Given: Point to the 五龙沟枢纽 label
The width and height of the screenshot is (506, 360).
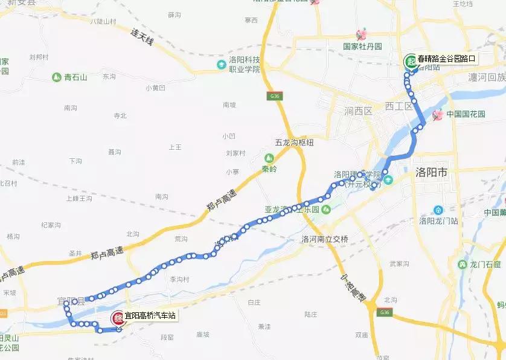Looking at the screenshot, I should [295, 143].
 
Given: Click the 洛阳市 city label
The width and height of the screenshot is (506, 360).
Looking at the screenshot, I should [432, 173].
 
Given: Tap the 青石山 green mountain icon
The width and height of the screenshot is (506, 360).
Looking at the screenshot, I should [56, 77].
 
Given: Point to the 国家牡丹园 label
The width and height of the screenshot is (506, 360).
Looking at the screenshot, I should [362, 47].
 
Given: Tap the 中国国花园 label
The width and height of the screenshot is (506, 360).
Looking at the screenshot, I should [466, 113].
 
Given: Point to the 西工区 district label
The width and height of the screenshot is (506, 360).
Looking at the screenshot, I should [399, 106].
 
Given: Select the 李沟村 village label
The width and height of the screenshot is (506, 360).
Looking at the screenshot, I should [179, 279].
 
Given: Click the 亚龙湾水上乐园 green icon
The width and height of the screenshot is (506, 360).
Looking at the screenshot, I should [326, 210].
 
